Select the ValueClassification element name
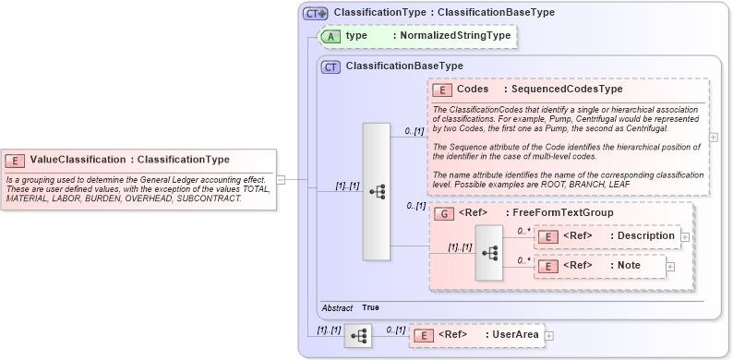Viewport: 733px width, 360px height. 78,160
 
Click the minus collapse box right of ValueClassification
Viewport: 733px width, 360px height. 281,180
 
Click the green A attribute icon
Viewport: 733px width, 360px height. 330,36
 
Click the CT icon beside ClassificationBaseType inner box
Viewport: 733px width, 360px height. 330,66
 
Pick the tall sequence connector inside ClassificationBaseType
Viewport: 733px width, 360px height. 377,191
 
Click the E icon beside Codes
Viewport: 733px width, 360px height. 442,90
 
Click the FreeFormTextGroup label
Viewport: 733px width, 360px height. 563,213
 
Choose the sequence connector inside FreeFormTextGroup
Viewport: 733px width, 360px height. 488,251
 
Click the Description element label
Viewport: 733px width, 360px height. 645,236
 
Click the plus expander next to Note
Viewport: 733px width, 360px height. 670,267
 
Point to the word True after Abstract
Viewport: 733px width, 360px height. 370,307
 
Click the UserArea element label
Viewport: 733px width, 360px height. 512,334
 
